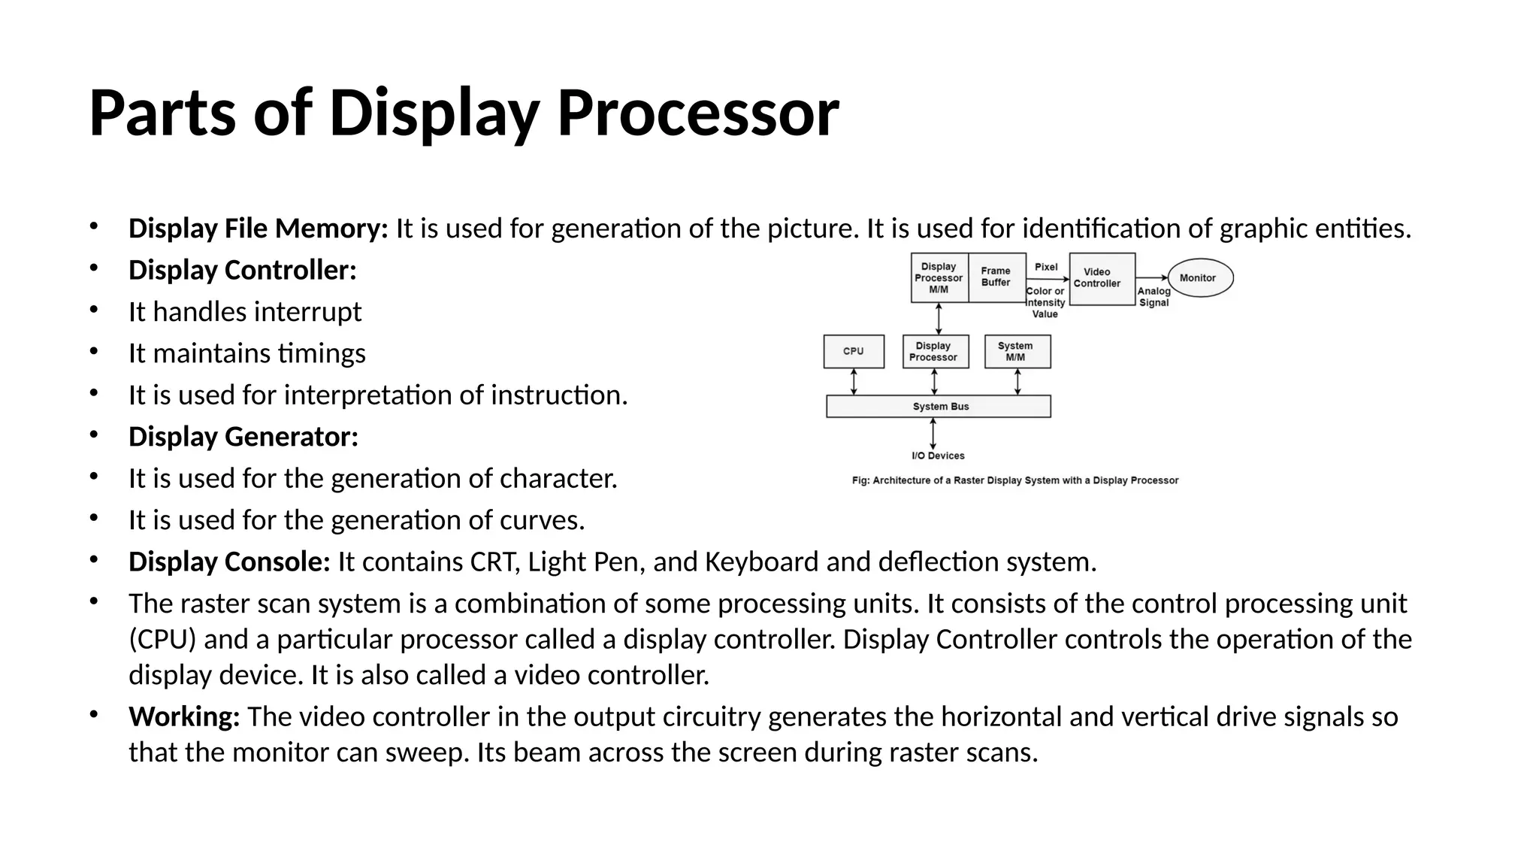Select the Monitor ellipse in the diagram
click(1200, 278)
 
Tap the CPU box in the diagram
click(854, 351)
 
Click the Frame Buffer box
click(996, 277)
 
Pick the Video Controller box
click(1102, 279)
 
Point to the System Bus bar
click(939, 407)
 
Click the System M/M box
click(1017, 352)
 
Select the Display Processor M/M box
click(939, 277)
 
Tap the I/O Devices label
click(938, 456)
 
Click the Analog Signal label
click(1153, 297)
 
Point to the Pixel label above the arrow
click(1045, 267)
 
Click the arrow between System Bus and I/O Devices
click(933, 434)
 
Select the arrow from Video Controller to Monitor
click(1151, 278)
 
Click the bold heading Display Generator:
click(243, 437)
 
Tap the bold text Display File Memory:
click(258, 229)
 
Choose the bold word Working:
click(184, 716)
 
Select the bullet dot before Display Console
click(93, 560)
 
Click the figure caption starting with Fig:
click(1014, 480)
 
